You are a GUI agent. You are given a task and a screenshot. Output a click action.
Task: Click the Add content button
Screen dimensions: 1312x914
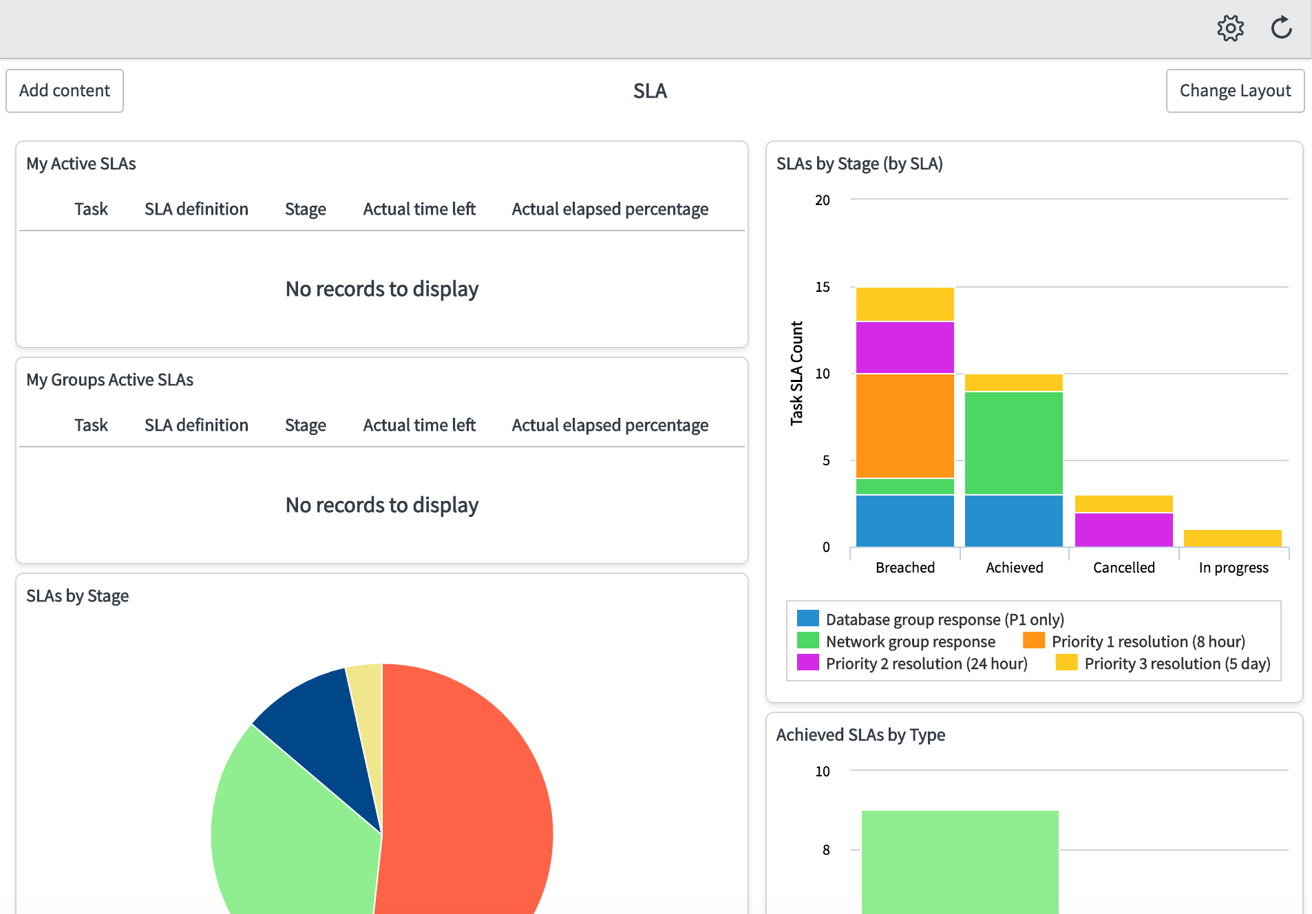tap(65, 91)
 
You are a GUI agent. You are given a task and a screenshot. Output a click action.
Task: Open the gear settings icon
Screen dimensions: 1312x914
tap(1230, 28)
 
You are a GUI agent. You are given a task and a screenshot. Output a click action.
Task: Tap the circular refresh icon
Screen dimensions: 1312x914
tap(1281, 28)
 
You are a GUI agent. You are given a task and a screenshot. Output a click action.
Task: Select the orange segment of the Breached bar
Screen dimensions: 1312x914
tap(905, 426)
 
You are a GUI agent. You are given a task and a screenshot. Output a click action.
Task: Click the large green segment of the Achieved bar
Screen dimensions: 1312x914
tap(1014, 443)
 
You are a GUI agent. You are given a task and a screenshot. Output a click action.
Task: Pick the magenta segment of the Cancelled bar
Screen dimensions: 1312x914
tap(1124, 530)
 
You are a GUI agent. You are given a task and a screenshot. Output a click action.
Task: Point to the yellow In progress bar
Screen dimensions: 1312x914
tap(1233, 538)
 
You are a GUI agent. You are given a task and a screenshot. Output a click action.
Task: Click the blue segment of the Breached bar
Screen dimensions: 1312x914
tap(905, 521)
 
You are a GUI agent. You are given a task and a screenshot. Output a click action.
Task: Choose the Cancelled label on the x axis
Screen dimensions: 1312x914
tap(1124, 568)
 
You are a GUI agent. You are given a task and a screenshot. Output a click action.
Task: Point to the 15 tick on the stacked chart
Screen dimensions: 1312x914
tap(823, 287)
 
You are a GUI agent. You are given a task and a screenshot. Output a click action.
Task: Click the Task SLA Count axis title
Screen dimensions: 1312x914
tap(796, 373)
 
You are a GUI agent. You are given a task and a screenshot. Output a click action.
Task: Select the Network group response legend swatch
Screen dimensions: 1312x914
tap(808, 641)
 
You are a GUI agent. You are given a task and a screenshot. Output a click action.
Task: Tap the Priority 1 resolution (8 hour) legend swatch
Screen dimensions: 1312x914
tap(1034, 641)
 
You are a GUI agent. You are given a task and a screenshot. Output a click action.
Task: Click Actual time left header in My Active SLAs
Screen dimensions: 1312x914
tap(419, 209)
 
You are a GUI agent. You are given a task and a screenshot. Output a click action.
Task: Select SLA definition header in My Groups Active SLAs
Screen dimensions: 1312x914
tap(196, 425)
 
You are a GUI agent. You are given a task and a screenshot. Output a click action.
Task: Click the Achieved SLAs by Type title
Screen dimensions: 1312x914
tap(860, 735)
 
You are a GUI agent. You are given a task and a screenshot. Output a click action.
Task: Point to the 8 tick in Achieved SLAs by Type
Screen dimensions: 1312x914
tap(826, 850)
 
